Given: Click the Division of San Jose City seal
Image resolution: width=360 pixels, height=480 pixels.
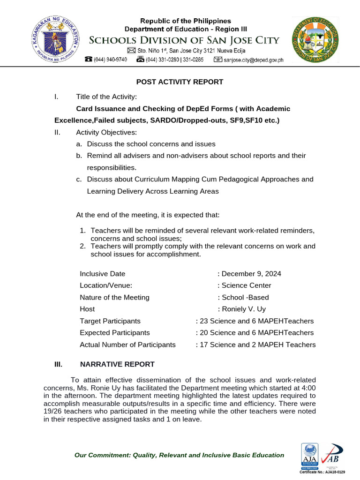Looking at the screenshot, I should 315,39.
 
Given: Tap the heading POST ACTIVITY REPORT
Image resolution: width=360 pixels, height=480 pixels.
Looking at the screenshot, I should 180,82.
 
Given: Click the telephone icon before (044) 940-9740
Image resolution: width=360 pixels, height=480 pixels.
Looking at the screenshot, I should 88,60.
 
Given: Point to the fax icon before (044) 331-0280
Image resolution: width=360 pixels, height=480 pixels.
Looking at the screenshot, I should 140,60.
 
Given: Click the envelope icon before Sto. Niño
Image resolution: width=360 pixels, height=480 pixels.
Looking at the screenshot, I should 131,51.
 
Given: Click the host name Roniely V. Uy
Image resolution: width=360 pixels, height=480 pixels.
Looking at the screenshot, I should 244,309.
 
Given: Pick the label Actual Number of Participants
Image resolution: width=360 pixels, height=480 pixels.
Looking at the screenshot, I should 127,345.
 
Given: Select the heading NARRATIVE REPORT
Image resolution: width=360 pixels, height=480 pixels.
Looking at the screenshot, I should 117,364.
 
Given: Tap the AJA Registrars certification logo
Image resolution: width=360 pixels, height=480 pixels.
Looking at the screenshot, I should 309,457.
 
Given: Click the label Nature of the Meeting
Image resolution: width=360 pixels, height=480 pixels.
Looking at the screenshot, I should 114,297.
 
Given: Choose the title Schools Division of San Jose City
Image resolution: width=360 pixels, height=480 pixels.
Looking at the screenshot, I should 184,40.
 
